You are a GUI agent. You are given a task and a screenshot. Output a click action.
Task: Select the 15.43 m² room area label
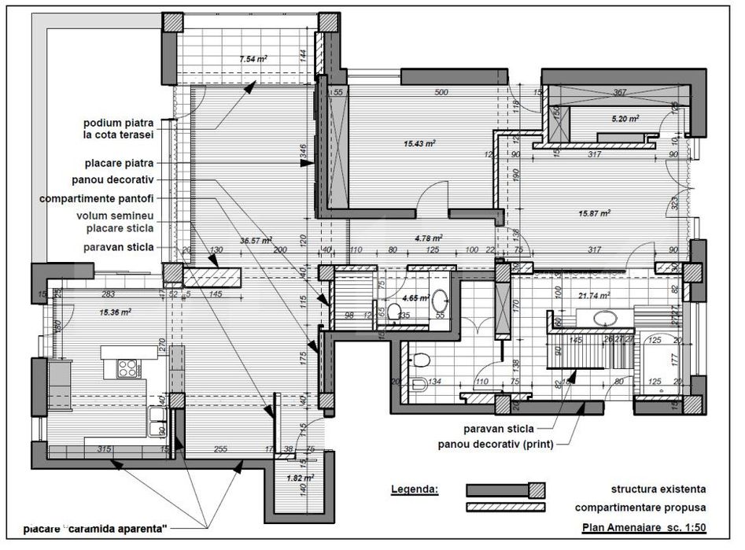point(420,143)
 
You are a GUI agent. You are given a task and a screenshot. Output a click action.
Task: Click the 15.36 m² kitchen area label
point(115,312)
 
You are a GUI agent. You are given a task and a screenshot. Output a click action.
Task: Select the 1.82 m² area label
point(299,478)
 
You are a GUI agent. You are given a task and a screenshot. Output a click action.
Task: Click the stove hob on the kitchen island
point(126,367)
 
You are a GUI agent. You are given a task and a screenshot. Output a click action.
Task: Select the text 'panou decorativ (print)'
point(496,444)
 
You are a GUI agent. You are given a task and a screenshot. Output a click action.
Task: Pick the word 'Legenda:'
point(415,489)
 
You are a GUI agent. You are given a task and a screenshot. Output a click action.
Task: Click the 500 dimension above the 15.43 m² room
point(441,93)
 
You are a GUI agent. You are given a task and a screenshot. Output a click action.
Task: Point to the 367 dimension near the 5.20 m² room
point(619,93)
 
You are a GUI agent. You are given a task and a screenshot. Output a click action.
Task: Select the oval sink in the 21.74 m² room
point(604,319)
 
